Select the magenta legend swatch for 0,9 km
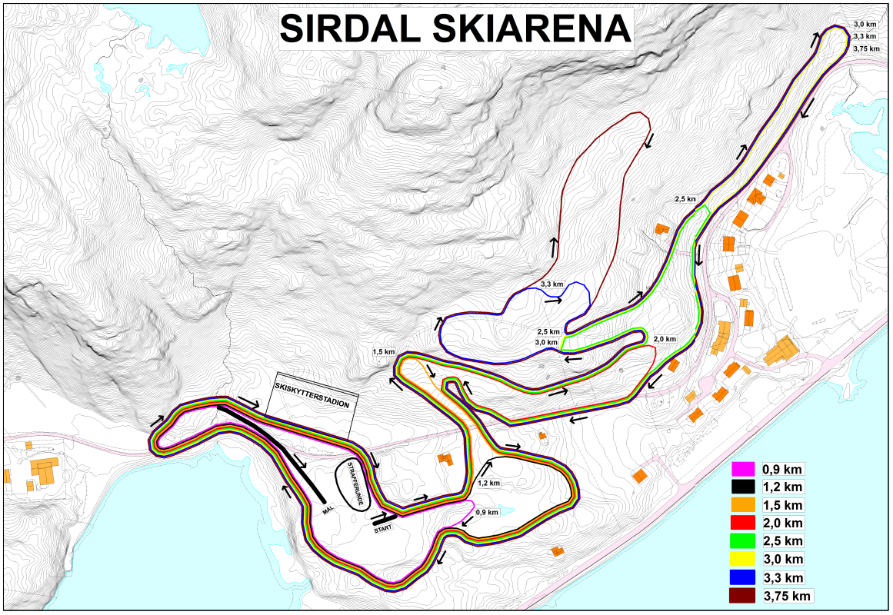[x=742, y=468]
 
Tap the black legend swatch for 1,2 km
[x=742, y=487]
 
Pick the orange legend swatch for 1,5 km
[x=742, y=505]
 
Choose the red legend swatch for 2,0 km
[x=742, y=524]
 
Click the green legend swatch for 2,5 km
[x=742, y=541]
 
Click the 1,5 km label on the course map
[x=383, y=352]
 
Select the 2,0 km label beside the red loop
[x=665, y=339]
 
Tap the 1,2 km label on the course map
[x=488, y=484]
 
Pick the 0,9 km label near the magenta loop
[x=486, y=512]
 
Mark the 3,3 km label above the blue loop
[x=552, y=285]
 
